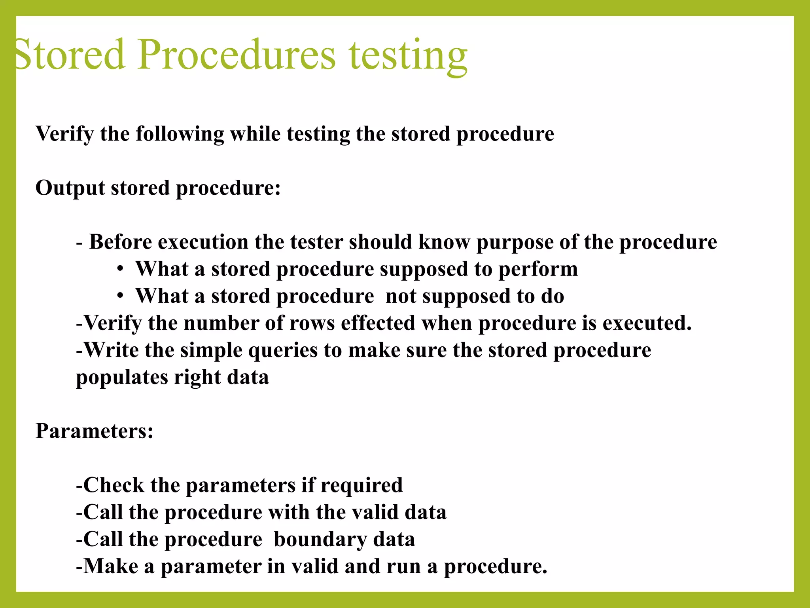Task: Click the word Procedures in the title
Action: (x=236, y=54)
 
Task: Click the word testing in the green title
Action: (x=408, y=55)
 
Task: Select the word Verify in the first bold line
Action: (x=64, y=134)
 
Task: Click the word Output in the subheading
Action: (x=70, y=188)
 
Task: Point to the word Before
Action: (x=121, y=242)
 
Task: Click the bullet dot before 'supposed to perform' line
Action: (x=121, y=270)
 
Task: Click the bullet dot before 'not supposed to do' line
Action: (x=121, y=296)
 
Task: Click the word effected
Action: (x=378, y=323)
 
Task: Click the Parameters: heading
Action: (x=95, y=431)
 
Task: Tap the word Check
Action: (x=114, y=485)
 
